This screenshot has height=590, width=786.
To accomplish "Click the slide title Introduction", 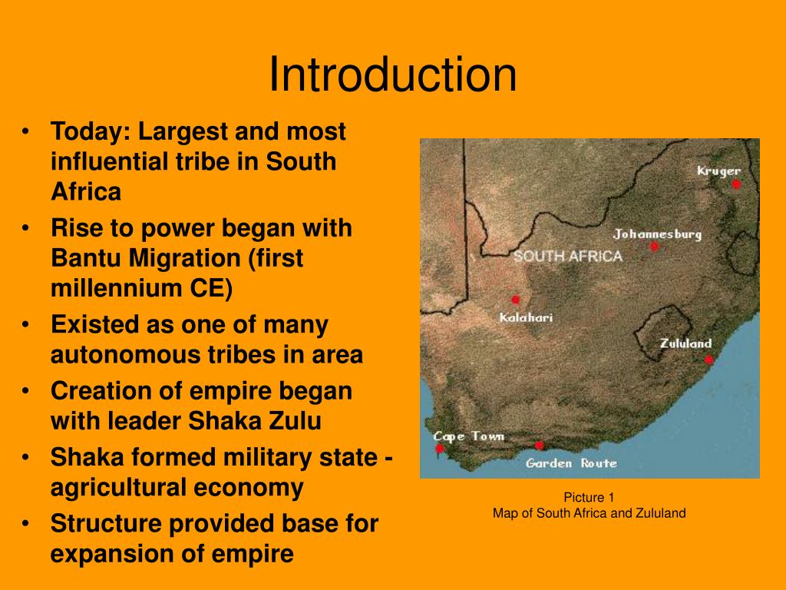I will [x=392, y=75].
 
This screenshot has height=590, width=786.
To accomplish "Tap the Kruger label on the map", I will [x=718, y=171].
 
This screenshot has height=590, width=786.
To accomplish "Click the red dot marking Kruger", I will [x=736, y=184].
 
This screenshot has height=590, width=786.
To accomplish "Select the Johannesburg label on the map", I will [x=657, y=234].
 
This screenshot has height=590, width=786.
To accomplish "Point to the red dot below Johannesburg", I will [x=654, y=247].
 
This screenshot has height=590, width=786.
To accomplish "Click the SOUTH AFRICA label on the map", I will [x=567, y=257].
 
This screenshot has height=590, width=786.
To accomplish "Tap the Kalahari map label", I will [x=526, y=317].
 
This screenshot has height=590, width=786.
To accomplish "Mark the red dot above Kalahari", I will [x=516, y=300].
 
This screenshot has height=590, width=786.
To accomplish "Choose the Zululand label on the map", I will [x=685, y=343].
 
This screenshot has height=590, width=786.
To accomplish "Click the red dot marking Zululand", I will [x=709, y=359].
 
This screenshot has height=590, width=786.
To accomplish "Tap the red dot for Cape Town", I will [x=440, y=449].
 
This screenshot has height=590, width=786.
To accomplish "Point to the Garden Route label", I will [x=571, y=463].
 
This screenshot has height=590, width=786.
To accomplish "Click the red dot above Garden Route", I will [x=539, y=446].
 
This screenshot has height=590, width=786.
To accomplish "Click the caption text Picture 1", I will [x=589, y=497].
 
